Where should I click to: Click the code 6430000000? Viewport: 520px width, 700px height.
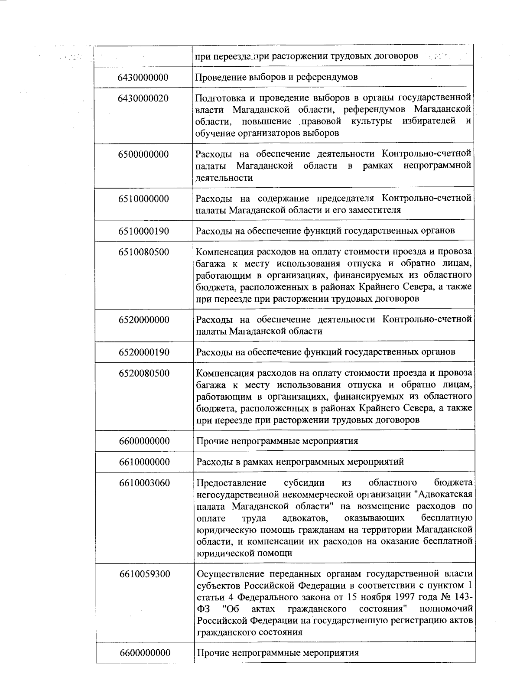pyautogui.click(x=143, y=78)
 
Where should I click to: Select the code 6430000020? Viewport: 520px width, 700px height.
pyautogui.click(x=143, y=98)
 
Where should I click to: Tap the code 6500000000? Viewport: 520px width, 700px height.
pyautogui.click(x=143, y=155)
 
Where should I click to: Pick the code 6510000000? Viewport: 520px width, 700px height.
pyautogui.click(x=143, y=199)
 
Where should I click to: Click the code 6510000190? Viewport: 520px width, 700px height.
pyautogui.click(x=143, y=231)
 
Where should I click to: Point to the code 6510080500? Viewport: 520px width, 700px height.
pyautogui.click(x=143, y=252)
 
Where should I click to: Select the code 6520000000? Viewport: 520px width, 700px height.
pyautogui.click(x=144, y=320)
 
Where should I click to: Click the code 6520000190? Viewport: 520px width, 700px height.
pyautogui.click(x=144, y=352)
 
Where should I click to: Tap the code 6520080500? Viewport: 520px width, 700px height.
pyautogui.click(x=144, y=374)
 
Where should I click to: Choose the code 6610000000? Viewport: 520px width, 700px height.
pyautogui.click(x=144, y=462)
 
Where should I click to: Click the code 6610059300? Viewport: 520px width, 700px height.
pyautogui.click(x=144, y=574)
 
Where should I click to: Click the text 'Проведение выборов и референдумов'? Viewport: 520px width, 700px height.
pyautogui.click(x=276, y=77)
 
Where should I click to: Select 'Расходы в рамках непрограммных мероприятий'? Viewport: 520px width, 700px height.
pyautogui.click(x=300, y=462)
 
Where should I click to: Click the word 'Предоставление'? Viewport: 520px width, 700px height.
pyautogui.click(x=231, y=483)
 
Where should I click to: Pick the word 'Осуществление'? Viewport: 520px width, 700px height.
pyautogui.click(x=230, y=574)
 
